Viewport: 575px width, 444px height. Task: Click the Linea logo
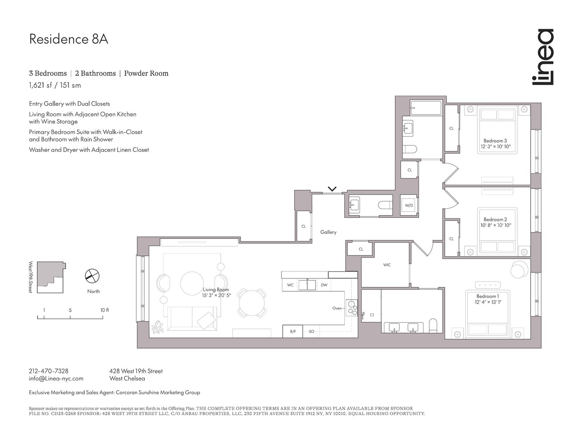[543, 57]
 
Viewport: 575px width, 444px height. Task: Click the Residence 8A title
[68, 39]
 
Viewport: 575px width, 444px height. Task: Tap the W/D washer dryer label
[409, 206]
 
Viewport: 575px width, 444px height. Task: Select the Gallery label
[328, 232]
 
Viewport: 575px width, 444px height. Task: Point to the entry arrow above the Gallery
[332, 189]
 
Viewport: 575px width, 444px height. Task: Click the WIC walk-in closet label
[387, 265]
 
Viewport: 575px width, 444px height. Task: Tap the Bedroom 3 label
[495, 141]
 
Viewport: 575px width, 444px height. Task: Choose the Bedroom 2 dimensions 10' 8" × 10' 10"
[495, 226]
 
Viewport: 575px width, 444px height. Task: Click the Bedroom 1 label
[487, 296]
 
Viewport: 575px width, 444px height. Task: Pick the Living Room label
[216, 289]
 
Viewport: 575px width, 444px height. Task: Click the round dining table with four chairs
[252, 303]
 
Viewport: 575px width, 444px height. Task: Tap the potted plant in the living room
[157, 328]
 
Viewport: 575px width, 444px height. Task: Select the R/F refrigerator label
[293, 332]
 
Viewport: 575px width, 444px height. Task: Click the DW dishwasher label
[324, 285]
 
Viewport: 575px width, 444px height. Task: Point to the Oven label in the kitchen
[337, 308]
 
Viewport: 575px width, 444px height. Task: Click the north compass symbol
[92, 276]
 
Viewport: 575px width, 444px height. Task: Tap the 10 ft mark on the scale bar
[104, 310]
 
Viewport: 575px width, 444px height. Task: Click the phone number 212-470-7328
[48, 371]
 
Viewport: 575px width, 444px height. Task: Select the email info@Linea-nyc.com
[56, 378]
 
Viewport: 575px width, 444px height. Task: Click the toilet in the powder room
[385, 205]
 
